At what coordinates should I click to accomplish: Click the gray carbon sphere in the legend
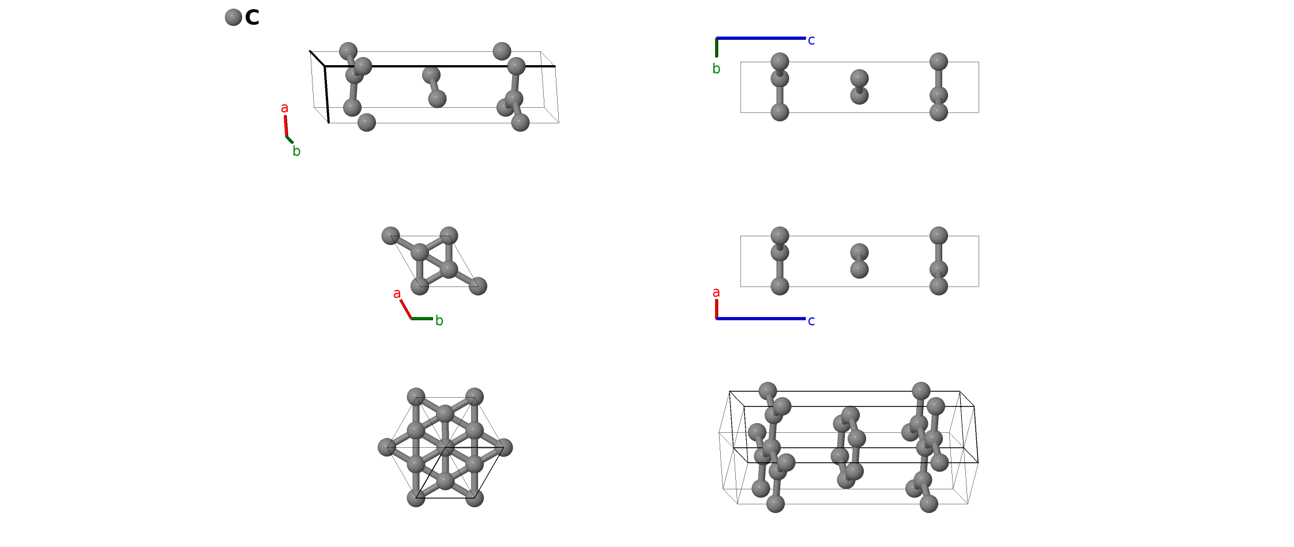click(233, 17)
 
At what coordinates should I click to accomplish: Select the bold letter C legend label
click(252, 18)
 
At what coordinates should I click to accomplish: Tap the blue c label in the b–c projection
click(811, 40)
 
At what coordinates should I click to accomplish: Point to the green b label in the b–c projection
click(716, 69)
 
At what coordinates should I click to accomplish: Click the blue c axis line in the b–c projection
click(761, 38)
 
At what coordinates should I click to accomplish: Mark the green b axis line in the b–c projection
click(717, 47)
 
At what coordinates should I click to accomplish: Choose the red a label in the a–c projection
click(716, 293)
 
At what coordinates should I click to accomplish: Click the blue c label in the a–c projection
click(811, 321)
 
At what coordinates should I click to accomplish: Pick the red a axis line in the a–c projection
click(717, 309)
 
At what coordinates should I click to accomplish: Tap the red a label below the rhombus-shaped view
click(397, 294)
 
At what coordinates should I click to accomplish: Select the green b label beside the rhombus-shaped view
click(439, 320)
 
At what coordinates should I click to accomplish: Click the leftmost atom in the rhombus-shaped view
click(390, 236)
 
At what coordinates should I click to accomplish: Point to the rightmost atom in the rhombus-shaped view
click(478, 286)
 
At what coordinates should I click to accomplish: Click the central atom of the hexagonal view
click(445, 447)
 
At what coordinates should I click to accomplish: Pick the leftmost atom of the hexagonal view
click(387, 447)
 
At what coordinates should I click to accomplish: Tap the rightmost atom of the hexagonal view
click(503, 447)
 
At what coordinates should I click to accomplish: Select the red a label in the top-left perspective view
click(284, 108)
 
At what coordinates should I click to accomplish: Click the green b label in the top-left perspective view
click(296, 152)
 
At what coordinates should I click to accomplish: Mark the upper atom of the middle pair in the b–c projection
click(859, 78)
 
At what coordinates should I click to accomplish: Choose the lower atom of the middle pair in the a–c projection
click(859, 269)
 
